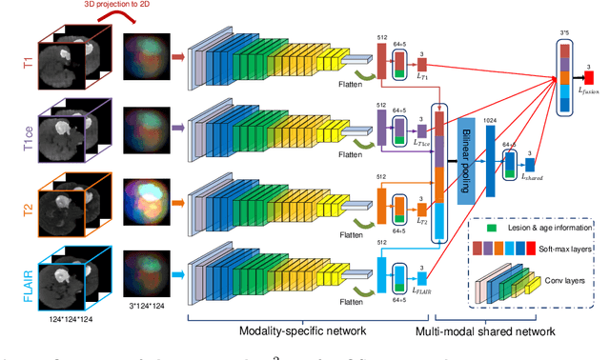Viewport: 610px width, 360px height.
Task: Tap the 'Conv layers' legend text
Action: coord(560,283)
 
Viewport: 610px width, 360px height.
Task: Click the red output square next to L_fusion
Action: coord(589,74)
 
